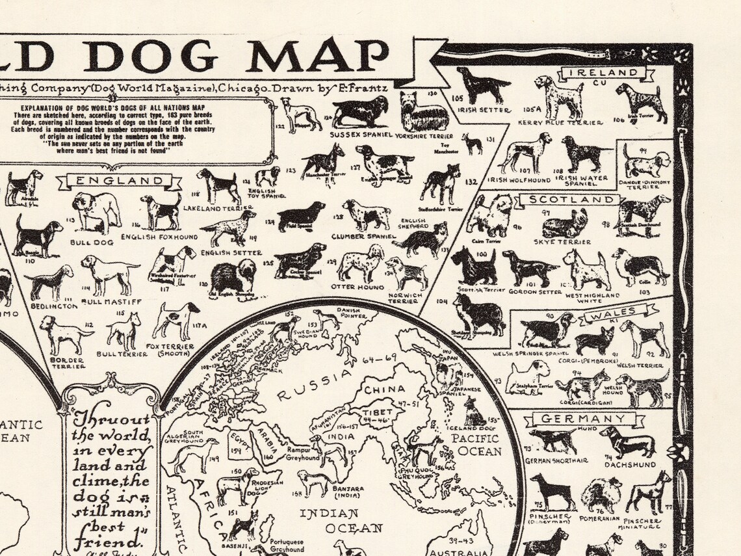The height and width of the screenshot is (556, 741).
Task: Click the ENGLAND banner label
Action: [x=120, y=180]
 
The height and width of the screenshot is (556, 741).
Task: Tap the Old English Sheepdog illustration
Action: [x=233, y=276]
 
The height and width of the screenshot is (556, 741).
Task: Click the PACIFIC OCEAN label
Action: [x=476, y=444]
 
